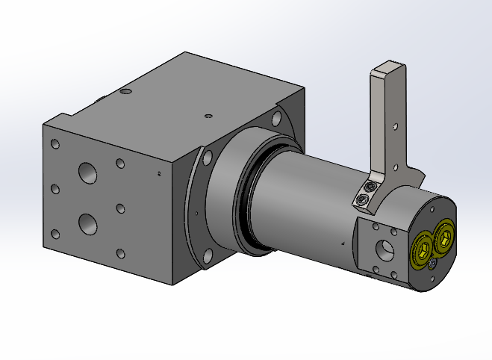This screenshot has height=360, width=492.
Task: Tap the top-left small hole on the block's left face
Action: [54, 143]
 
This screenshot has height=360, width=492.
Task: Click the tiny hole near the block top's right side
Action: [208, 116]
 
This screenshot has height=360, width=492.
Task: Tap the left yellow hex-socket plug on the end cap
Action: [423, 246]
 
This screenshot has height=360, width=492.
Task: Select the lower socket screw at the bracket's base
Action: [363, 199]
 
